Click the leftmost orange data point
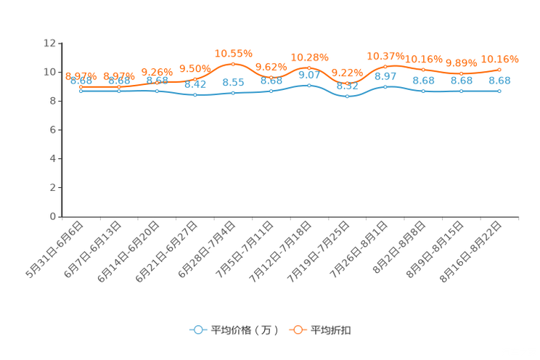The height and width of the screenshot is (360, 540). [x=81, y=87]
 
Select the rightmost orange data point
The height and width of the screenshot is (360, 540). [x=499, y=70]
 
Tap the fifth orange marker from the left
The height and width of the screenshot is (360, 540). [x=233, y=64]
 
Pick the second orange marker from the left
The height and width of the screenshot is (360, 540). [x=119, y=87]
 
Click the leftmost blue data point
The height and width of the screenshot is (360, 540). [x=81, y=91]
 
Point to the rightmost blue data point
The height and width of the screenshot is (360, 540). [x=499, y=91]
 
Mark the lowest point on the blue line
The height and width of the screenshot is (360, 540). [x=347, y=97]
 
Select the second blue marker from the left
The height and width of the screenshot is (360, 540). [x=119, y=91]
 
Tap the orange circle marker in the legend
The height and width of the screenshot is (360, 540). [x=297, y=330]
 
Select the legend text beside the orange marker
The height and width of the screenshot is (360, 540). [x=331, y=330]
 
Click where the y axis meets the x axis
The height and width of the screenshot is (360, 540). [x=60, y=216]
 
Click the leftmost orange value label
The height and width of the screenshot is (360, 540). [x=81, y=75]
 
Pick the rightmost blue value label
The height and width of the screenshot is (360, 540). [x=500, y=80]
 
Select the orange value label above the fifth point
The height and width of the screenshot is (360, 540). [x=234, y=53]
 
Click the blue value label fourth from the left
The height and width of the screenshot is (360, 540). [x=195, y=84]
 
